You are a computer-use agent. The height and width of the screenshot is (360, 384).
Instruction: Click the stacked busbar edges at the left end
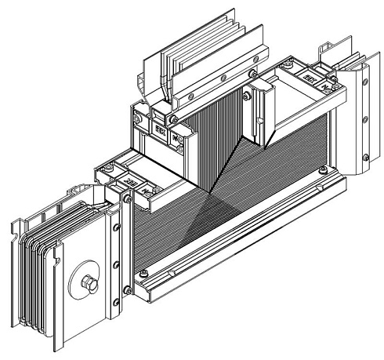coord(31,275)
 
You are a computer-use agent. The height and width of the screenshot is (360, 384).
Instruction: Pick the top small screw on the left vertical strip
coord(117,227)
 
